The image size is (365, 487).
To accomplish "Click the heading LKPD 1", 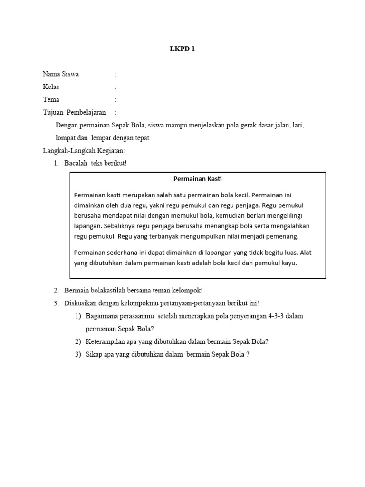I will point(182,49).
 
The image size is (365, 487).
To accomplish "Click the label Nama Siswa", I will point(61,74).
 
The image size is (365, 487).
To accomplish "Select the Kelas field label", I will point(51,87).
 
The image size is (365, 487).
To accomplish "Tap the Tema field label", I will point(51,100).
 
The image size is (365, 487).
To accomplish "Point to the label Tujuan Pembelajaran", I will point(74,113).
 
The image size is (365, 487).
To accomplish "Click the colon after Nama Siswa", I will point(115,74).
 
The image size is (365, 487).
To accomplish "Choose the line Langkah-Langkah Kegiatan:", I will point(84,151).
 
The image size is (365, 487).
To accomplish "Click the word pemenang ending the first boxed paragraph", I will point(297,236).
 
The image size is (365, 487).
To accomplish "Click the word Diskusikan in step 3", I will point(80,303).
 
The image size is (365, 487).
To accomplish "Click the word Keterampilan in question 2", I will point(106,341).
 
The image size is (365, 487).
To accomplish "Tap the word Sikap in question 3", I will point(94,354).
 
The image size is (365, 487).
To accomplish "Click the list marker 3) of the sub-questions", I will point(78,354).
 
